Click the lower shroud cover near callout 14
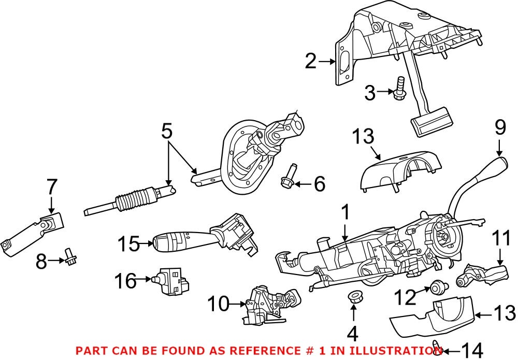(x=431, y=317)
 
